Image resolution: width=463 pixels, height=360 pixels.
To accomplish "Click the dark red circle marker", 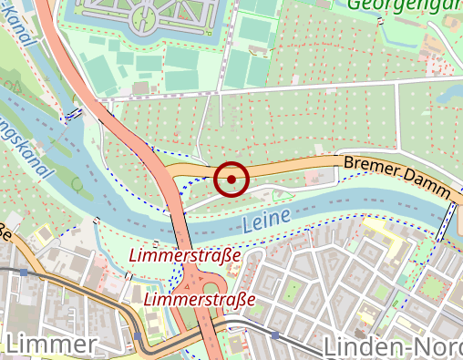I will point(232,179).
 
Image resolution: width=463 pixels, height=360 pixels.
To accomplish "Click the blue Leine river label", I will point(266,219).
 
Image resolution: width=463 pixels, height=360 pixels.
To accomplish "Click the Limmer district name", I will point(51,345).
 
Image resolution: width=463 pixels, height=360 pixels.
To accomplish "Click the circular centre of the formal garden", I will point(146,15).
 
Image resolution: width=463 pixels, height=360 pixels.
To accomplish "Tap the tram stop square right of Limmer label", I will point(138,335).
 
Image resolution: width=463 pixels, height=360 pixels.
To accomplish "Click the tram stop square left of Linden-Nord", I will point(274,334).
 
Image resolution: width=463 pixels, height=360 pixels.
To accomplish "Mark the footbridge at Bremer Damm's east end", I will point(448,220).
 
